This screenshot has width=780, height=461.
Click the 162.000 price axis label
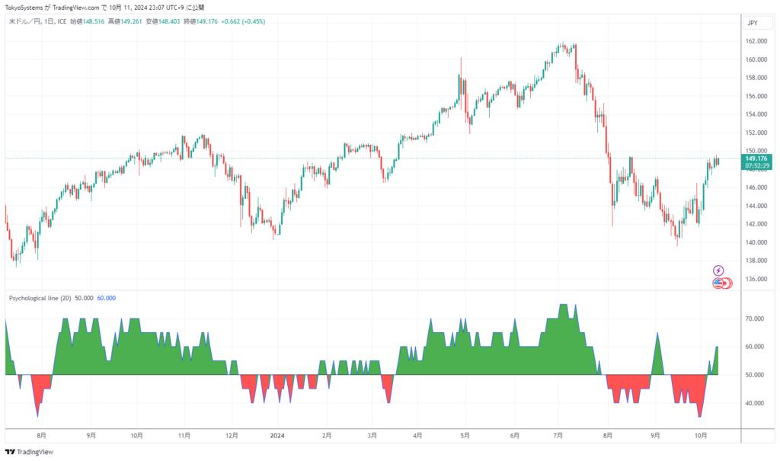(756, 41)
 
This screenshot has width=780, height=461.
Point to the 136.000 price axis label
(756, 279)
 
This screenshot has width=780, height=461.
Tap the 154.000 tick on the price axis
(756, 114)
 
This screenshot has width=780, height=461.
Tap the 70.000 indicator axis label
(755, 319)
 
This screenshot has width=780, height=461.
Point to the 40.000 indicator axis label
(755, 403)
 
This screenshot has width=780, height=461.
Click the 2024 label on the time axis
(277, 436)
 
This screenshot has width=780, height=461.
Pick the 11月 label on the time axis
(184, 436)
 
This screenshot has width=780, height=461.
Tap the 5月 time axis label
(465, 436)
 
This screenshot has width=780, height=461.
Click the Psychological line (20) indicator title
(40, 298)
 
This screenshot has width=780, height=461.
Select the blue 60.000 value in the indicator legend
(107, 298)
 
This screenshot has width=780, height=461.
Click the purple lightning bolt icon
(718, 271)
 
